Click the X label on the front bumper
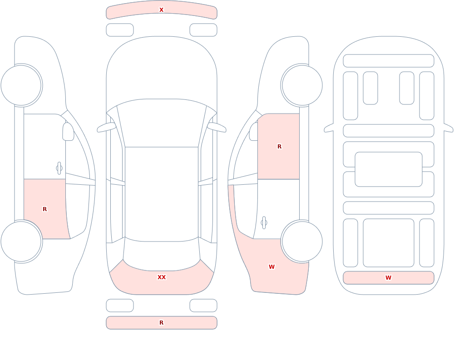point(161,10)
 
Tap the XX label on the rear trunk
point(162,277)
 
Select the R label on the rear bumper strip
point(161,323)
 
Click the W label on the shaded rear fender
point(271,267)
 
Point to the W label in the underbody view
point(388,277)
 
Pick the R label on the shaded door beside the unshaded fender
point(44,209)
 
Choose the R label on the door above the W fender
point(279,147)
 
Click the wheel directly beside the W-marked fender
point(302,241)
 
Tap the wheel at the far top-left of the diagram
point(21,85)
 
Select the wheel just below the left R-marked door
point(21,241)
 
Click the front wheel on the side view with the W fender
point(302,85)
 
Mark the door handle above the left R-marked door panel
point(59,168)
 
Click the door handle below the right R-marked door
point(264,222)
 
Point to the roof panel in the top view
point(162,193)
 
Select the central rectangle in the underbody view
point(389,169)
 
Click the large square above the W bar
point(389,243)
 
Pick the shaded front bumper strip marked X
point(162,10)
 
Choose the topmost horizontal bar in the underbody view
point(389,60)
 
